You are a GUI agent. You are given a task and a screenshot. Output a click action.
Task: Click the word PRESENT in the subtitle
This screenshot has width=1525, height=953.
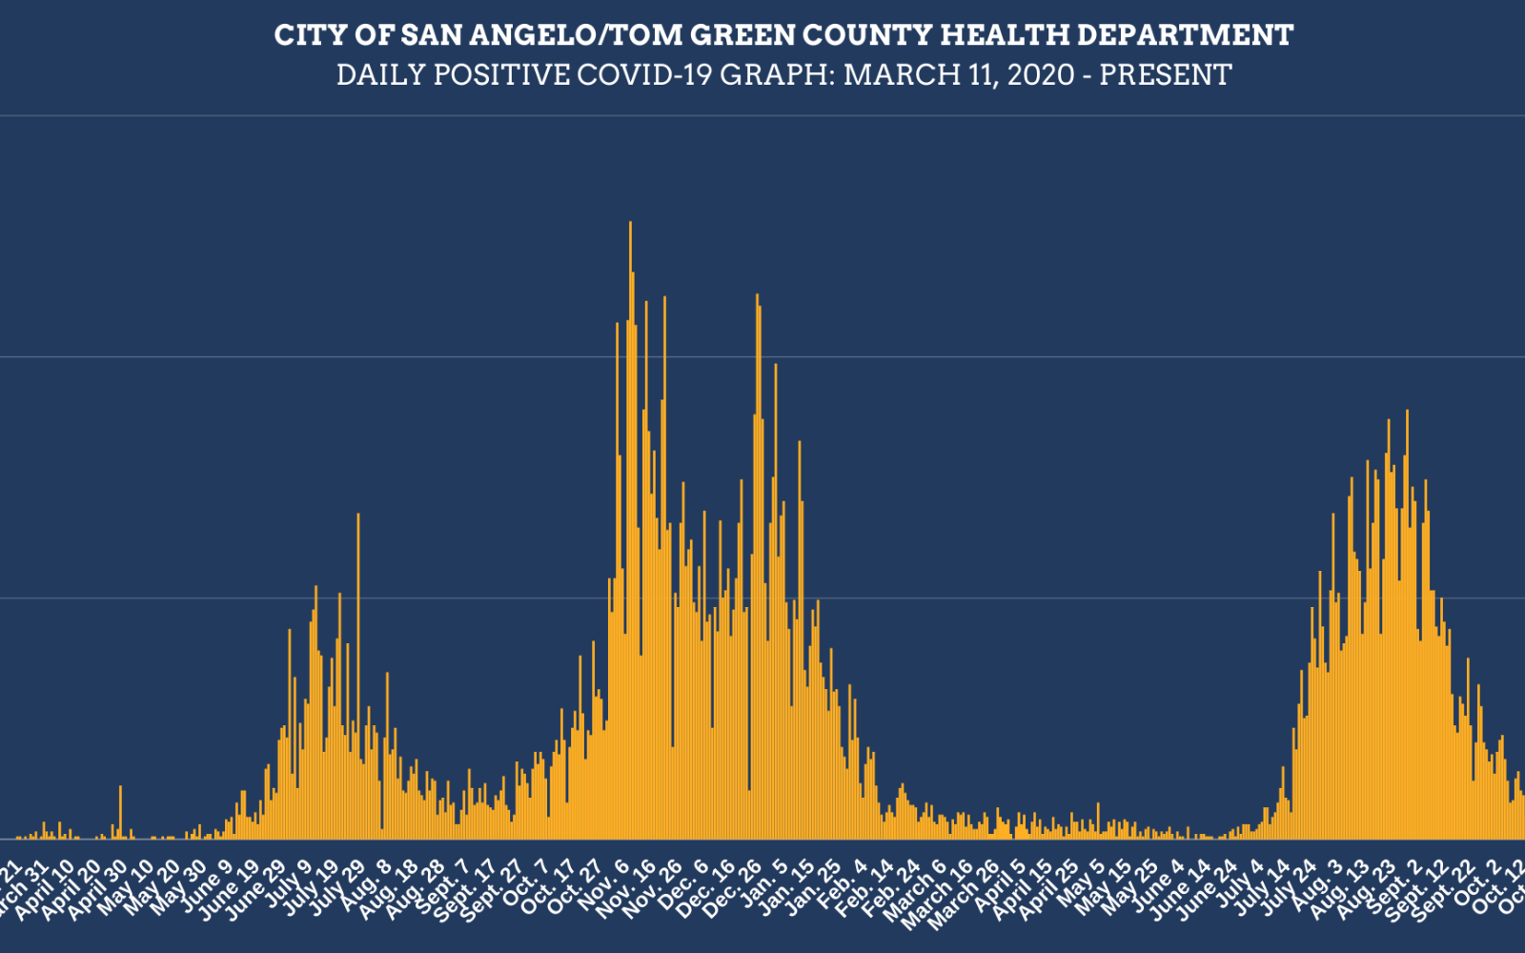(x=1166, y=74)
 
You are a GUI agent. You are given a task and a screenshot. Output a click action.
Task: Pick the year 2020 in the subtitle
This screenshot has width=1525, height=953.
(x=1042, y=74)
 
